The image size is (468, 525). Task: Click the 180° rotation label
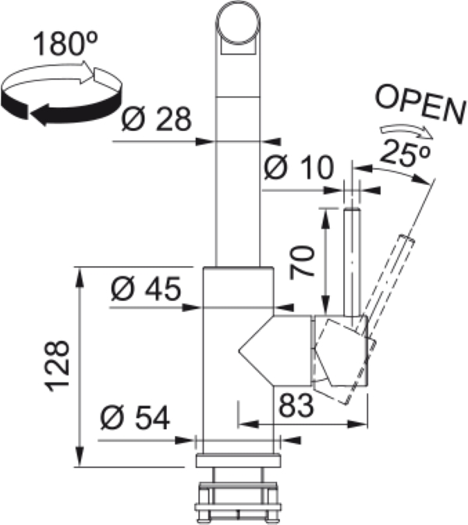tap(66, 43)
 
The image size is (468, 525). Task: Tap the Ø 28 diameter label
tap(156, 119)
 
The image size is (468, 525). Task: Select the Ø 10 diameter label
tap(299, 167)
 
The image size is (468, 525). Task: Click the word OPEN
tap(420, 104)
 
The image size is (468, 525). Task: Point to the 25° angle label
tap(405, 153)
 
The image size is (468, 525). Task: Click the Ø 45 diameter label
tap(146, 289)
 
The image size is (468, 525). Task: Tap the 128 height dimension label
tap(57, 367)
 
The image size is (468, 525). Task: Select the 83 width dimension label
tap(296, 405)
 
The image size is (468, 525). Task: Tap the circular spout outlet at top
tap(238, 23)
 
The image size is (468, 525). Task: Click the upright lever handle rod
tap(352, 262)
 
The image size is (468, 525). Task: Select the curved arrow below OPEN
tap(406, 131)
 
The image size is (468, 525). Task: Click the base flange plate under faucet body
tap(238, 460)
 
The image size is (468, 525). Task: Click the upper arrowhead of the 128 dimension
tap(80, 277)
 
